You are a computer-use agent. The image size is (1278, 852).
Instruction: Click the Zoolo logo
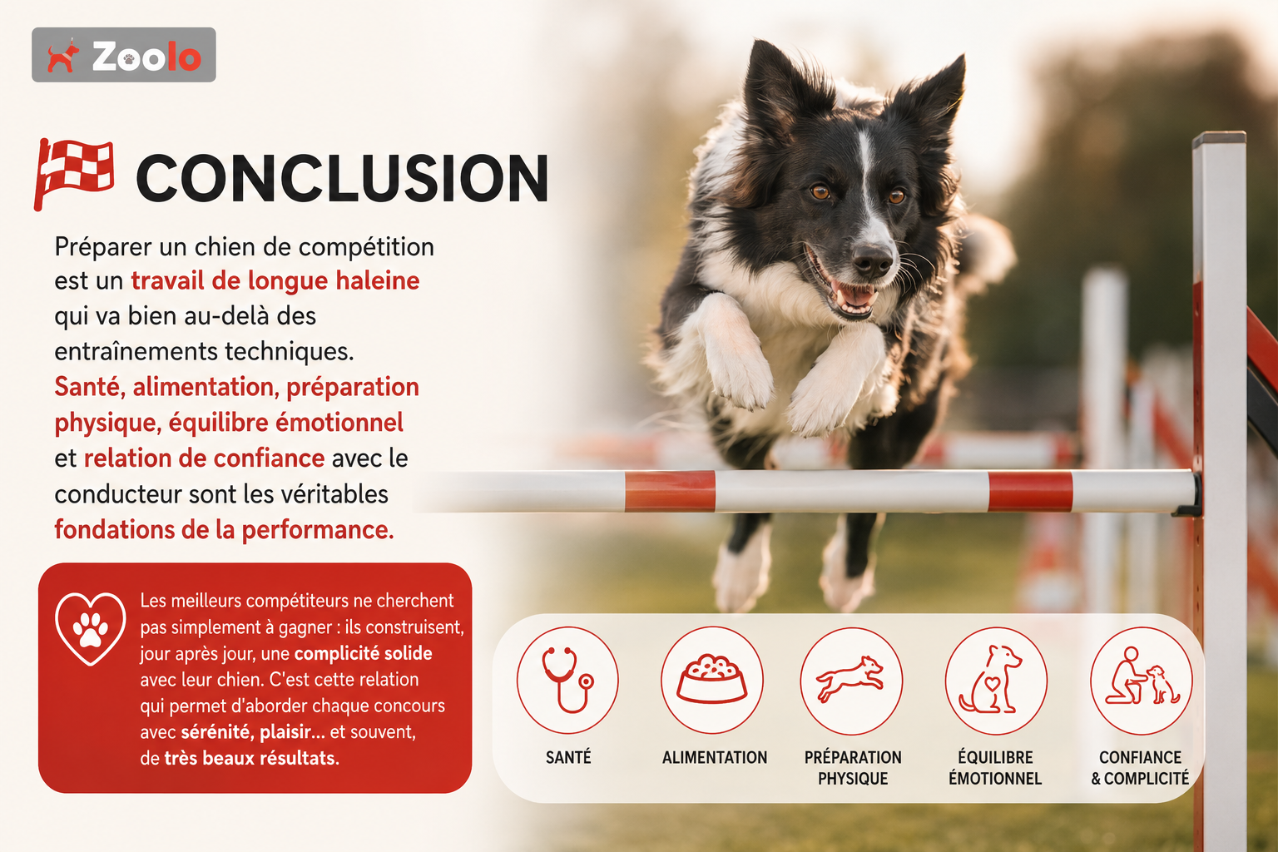[124, 55]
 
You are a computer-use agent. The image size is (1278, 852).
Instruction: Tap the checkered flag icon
[73, 173]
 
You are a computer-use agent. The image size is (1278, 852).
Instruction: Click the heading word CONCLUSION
[342, 178]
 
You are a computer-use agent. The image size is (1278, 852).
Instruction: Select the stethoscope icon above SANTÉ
[567, 680]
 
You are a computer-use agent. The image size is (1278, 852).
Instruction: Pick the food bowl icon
[712, 680]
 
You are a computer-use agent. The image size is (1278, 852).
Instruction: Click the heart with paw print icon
[90, 628]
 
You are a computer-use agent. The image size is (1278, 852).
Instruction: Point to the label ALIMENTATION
[715, 757]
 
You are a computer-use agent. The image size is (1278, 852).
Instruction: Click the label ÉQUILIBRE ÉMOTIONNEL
[995, 767]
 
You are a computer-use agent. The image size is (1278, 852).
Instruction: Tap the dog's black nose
[872, 260]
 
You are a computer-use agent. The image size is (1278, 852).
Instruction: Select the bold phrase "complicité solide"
[363, 653]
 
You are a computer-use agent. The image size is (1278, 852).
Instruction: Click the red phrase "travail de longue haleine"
[275, 280]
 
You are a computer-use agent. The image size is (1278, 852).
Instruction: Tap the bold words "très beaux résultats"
[251, 758]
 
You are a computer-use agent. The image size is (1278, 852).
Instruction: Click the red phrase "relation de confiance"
[204, 458]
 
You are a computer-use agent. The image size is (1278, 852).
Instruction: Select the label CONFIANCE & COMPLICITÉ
[1140, 767]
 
